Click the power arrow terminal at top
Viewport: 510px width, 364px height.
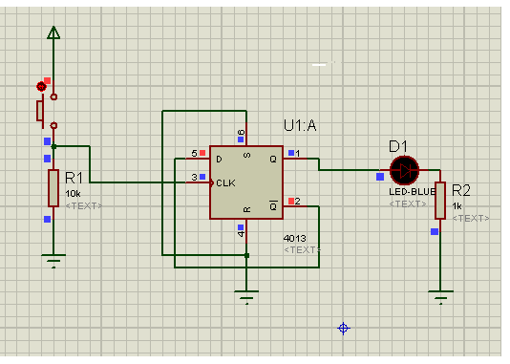coord(53,32)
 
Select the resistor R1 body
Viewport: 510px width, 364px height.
coord(53,188)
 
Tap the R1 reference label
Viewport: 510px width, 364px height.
coord(74,178)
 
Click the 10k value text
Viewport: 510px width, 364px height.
coord(73,194)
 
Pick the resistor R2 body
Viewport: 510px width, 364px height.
coord(440,201)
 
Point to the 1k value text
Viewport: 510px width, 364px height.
coord(457,206)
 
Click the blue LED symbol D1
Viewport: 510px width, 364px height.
coord(404,170)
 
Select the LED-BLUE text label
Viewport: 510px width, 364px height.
coord(412,192)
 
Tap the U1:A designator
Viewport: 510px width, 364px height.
coord(300,125)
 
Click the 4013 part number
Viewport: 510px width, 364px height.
coord(295,239)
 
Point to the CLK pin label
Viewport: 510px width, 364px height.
coord(225,183)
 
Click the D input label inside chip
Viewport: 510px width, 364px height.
coord(220,159)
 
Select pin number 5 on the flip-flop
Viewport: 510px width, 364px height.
coord(194,153)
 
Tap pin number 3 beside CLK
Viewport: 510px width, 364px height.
coord(194,178)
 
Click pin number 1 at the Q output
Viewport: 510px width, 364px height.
coord(298,153)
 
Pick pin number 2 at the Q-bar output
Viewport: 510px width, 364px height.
coord(297,202)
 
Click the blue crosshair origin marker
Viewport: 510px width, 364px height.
coord(344,329)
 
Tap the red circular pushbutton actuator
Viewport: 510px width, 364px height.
coord(41,87)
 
